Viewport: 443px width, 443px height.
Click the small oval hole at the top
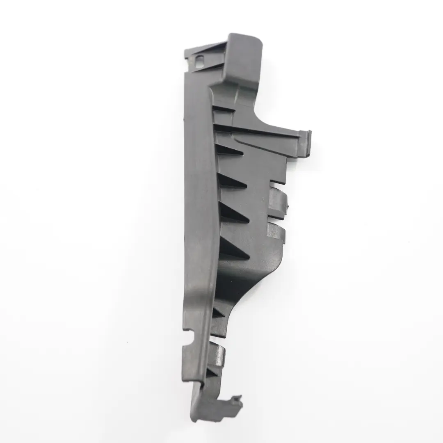click(199, 62)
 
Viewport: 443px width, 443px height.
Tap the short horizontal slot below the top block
click(224, 109)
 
